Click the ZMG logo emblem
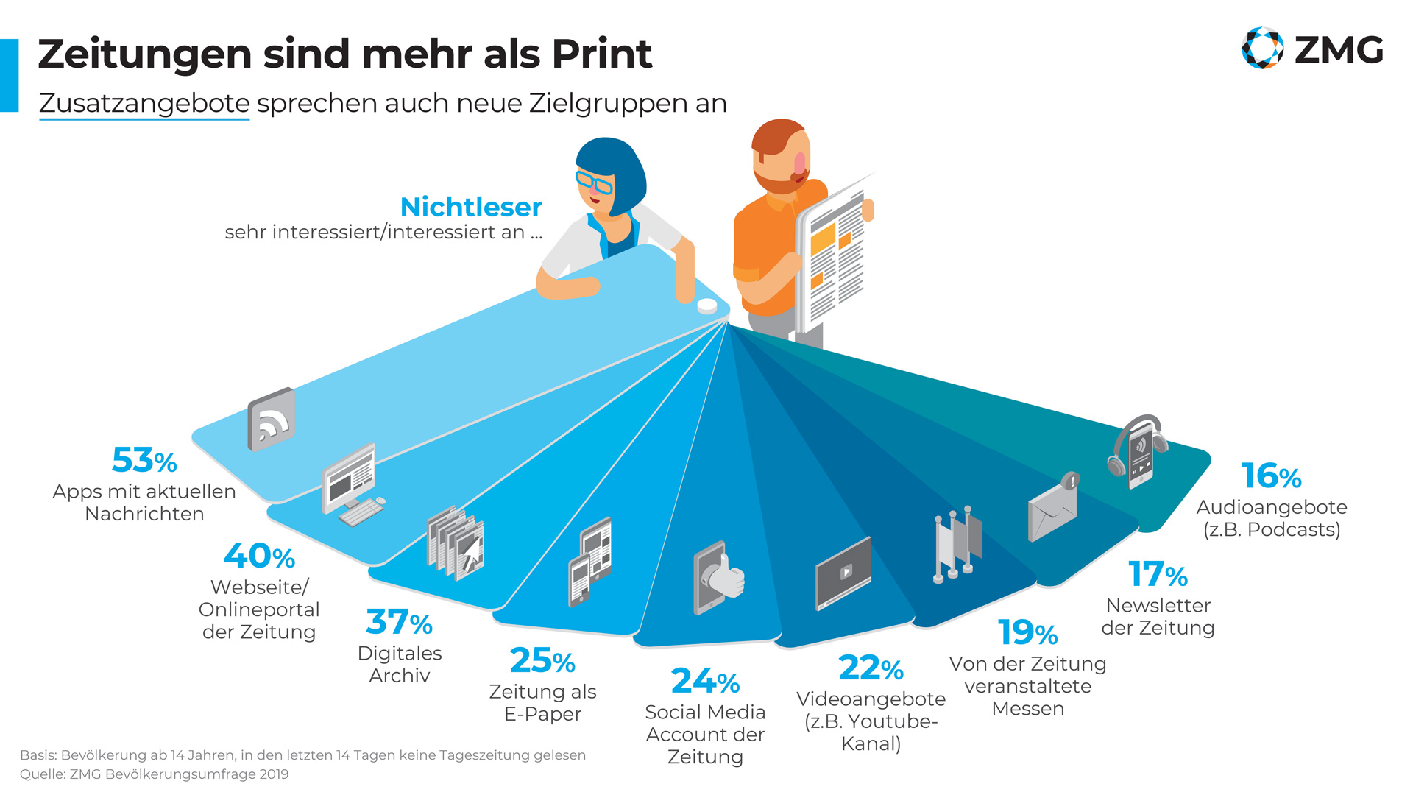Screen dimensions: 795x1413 click(1262, 48)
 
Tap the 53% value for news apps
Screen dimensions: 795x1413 click(144, 461)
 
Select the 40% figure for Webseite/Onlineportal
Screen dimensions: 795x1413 click(259, 556)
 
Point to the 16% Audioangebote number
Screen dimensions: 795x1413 click(1271, 476)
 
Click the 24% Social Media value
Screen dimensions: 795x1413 click(705, 682)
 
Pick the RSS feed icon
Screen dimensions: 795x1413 click(272, 420)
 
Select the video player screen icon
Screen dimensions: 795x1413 click(843, 573)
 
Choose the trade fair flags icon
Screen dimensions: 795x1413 click(957, 543)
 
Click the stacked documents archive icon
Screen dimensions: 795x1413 click(456, 543)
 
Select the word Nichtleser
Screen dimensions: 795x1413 click(471, 208)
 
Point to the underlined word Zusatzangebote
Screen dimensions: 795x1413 click(144, 104)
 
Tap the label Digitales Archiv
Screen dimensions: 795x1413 click(400, 664)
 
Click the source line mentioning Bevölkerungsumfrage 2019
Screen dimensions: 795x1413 click(155, 774)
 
